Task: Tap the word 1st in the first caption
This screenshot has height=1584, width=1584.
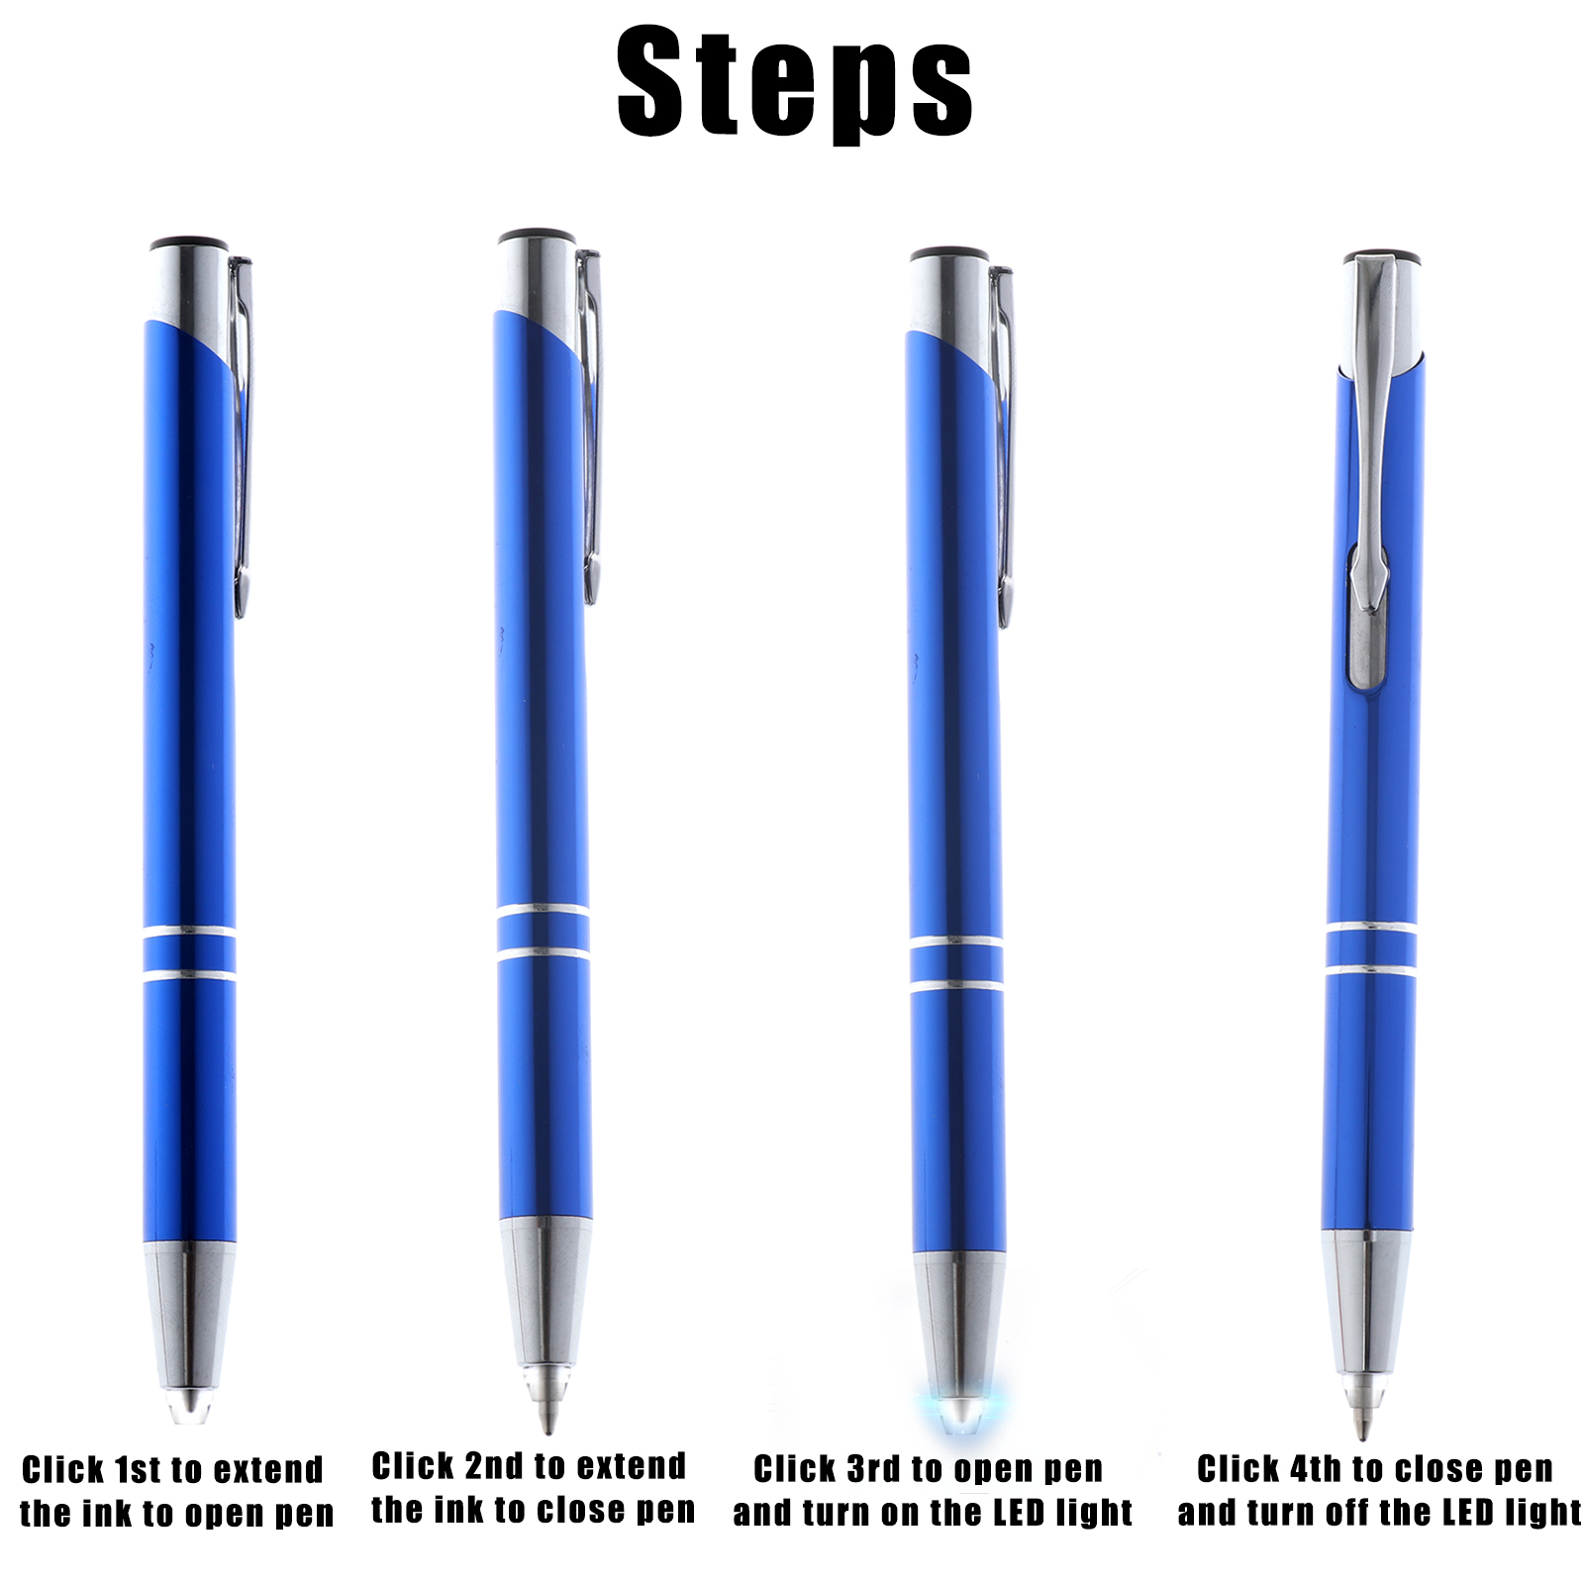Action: pos(137,1470)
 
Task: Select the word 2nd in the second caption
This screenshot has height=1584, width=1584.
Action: pos(494,1466)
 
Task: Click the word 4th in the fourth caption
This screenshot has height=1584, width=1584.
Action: pos(1316,1469)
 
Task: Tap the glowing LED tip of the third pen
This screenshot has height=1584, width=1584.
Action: pos(960,1410)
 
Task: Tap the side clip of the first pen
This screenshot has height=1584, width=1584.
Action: pos(241,436)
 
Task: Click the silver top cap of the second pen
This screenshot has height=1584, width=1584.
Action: pos(538,282)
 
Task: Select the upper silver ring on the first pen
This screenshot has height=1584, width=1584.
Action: pos(189,932)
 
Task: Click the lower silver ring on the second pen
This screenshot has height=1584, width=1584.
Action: pos(544,954)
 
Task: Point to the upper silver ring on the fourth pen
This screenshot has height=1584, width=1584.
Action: pos(1371,928)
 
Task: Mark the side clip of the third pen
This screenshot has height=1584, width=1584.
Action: pos(1002,445)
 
